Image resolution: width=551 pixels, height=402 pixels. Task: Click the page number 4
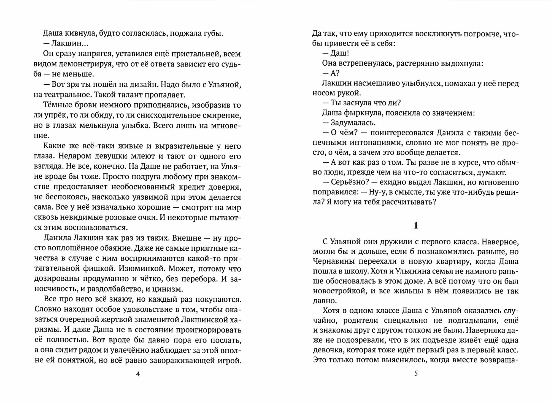click(138, 374)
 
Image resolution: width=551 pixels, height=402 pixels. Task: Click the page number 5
click(416, 373)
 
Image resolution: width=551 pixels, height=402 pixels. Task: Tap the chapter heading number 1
click(416, 226)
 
